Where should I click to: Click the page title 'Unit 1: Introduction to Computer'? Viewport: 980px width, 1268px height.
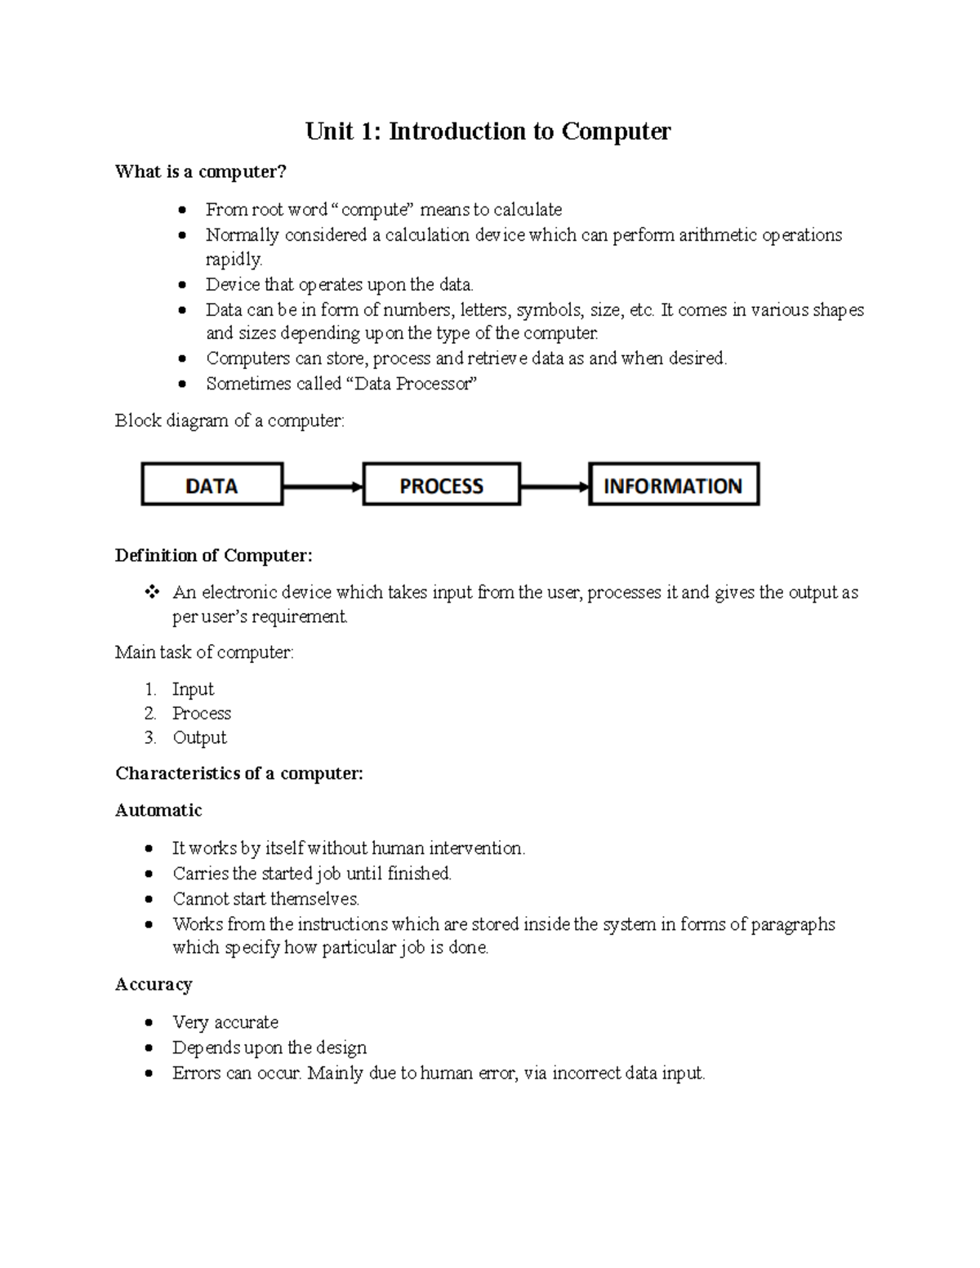[x=488, y=131]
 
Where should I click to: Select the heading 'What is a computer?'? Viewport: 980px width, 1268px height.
[x=201, y=171]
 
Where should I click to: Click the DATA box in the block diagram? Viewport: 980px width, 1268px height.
[x=212, y=485]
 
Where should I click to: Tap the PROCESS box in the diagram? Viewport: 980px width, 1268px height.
[x=441, y=485]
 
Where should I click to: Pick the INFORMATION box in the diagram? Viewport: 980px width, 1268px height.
[x=673, y=485]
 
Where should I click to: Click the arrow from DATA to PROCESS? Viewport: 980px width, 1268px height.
[x=322, y=487]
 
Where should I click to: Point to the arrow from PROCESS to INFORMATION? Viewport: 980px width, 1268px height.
[x=554, y=487]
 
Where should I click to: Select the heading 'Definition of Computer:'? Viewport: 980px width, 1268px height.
[x=213, y=555]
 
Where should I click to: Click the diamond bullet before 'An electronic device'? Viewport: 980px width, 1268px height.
[x=151, y=592]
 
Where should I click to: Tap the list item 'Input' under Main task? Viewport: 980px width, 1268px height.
[x=193, y=689]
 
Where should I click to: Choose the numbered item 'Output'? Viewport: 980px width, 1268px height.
[x=199, y=737]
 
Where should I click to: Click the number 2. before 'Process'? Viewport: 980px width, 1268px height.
[x=150, y=714]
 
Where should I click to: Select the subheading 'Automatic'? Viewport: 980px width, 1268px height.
[x=158, y=810]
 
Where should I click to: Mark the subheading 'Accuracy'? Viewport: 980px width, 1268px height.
[x=154, y=984]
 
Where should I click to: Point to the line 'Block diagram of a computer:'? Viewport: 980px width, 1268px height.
[x=229, y=420]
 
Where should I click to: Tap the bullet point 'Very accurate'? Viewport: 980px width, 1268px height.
[x=225, y=1022]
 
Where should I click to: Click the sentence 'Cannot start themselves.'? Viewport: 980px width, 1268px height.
[x=265, y=899]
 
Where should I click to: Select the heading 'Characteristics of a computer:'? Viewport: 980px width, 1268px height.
[x=238, y=773]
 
